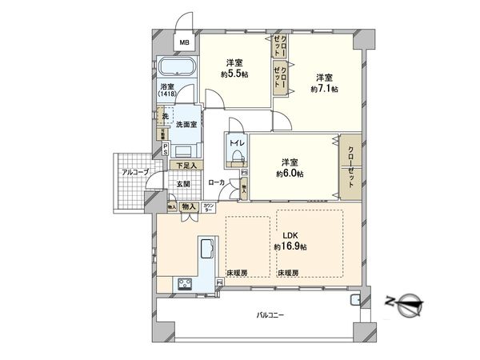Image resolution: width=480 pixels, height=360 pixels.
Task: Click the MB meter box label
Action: [x=183, y=43]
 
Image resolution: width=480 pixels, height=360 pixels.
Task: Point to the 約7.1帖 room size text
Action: [x=324, y=88]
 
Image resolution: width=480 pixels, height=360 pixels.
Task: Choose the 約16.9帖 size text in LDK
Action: [x=290, y=247]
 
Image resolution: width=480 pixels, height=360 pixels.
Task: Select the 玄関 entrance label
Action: [x=183, y=183]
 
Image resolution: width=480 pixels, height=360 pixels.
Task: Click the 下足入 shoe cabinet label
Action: [x=186, y=165]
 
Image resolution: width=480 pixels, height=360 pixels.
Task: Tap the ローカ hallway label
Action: [x=216, y=183]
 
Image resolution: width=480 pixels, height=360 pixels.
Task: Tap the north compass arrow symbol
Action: [x=407, y=302]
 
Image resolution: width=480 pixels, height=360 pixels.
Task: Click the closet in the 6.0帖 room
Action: [x=350, y=166]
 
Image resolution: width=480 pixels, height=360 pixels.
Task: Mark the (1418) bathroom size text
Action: [x=166, y=94]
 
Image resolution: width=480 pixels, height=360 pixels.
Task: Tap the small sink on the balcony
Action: [x=355, y=301]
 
